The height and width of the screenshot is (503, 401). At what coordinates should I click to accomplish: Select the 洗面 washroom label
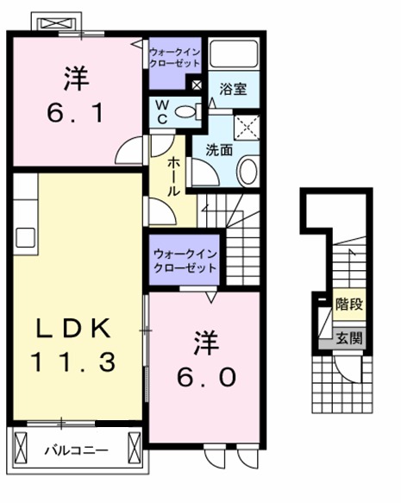pos(219,148)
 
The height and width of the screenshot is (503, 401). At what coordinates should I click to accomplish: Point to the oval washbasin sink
pos(247,169)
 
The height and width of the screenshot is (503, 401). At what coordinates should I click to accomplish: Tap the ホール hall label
pos(173,177)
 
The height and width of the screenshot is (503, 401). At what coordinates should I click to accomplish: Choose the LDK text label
pos(74,329)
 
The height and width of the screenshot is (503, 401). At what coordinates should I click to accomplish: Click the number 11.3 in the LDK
pos(74,362)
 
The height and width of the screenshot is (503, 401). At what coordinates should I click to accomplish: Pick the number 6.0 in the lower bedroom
pos(204,377)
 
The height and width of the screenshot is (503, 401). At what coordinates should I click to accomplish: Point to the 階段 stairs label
pos(349,304)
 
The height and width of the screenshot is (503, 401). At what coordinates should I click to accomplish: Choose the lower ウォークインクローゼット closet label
pos(185,261)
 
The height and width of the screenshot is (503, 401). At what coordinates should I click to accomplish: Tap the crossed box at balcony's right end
pos(133,449)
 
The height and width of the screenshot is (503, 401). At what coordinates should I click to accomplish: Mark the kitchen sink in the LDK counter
pos(23,235)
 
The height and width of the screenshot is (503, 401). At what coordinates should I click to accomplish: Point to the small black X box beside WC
pos(197,85)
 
